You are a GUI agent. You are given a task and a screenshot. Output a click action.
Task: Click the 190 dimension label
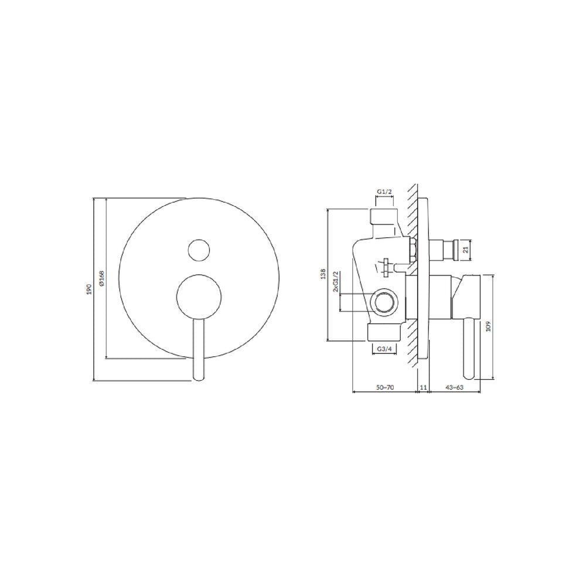(89, 289)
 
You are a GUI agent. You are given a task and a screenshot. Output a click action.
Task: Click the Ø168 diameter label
(102, 278)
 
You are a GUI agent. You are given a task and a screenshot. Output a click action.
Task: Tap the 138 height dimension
(323, 274)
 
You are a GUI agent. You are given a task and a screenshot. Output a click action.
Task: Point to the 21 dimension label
(466, 249)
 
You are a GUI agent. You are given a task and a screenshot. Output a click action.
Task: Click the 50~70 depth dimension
(385, 387)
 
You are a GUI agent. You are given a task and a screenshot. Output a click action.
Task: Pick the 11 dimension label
(423, 387)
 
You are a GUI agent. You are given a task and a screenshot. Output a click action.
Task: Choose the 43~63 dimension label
(455, 387)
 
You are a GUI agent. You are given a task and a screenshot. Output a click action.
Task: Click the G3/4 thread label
(384, 349)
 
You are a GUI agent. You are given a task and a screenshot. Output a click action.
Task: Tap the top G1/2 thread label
(384, 192)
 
